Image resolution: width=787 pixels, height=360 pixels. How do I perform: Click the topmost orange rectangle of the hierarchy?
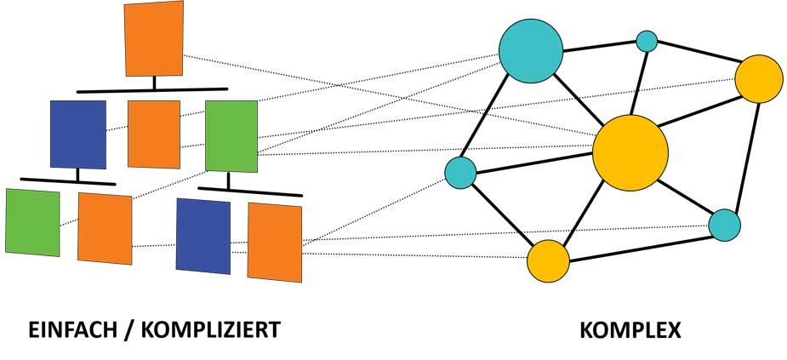(x=153, y=38)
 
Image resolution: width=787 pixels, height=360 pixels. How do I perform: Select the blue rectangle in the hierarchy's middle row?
(x=78, y=134)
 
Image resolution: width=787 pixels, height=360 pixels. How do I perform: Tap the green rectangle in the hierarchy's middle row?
(x=231, y=135)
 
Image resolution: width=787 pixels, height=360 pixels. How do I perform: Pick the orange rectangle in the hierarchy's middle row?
(x=154, y=134)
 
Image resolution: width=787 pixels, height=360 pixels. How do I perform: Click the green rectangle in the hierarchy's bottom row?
(x=32, y=222)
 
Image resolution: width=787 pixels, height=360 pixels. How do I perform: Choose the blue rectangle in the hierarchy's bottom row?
(x=202, y=237)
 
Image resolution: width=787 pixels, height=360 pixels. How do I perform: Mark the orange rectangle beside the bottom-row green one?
(x=105, y=228)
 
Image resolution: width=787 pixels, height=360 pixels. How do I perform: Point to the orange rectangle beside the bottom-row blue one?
(x=275, y=242)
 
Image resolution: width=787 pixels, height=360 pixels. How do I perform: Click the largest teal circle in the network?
(x=531, y=51)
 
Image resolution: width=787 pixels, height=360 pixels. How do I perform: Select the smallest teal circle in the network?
(x=647, y=40)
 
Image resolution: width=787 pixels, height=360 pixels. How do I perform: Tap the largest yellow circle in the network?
(x=630, y=152)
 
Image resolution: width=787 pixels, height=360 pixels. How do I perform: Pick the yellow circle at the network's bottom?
(x=548, y=261)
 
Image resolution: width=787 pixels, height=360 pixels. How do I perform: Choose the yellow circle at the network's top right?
(x=758, y=78)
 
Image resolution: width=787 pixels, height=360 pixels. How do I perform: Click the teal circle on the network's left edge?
(x=460, y=173)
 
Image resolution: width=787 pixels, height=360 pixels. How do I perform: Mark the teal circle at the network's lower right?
(x=724, y=225)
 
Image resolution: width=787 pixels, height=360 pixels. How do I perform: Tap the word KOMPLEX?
(x=630, y=330)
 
